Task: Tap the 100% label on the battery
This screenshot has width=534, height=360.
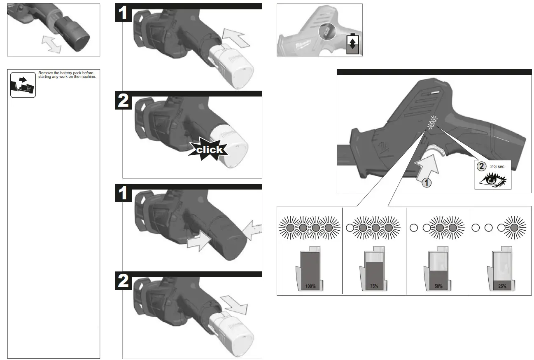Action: click(x=310, y=286)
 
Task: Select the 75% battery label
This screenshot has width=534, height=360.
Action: click(x=374, y=286)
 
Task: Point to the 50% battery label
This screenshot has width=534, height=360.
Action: click(x=438, y=286)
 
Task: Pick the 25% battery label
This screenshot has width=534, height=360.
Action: click(x=502, y=286)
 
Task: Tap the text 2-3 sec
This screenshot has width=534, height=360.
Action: click(x=497, y=167)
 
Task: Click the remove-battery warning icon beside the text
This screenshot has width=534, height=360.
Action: click(x=23, y=84)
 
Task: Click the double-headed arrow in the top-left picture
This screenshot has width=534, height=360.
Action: click(x=51, y=43)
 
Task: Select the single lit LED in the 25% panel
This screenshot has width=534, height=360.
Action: click(x=514, y=227)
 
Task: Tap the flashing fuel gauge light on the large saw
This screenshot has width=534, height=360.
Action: click(x=433, y=121)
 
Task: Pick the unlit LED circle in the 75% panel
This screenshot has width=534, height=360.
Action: click(x=350, y=227)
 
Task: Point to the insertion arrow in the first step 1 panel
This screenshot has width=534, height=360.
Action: click(x=236, y=37)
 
